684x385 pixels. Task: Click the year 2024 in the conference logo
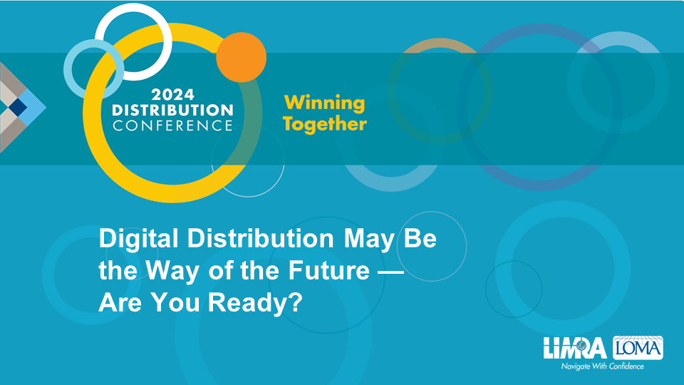tap(172, 95)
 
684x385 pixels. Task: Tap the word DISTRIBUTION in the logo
tap(172, 110)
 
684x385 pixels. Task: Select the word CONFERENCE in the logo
tap(172, 125)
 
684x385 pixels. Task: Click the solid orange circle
tap(242, 57)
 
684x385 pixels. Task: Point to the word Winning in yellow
tap(325, 103)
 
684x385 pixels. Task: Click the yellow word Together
tap(325, 124)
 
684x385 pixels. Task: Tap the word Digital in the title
tap(139, 240)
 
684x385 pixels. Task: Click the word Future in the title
tap(329, 271)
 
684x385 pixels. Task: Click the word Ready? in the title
tap(255, 302)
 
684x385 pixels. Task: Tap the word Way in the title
tap(172, 272)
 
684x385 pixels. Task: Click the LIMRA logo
tap(575, 348)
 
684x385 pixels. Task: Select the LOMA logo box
tap(638, 348)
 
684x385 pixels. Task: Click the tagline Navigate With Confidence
tap(603, 366)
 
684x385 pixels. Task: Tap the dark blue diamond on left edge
tap(17, 107)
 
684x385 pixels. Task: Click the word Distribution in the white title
tap(261, 238)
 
